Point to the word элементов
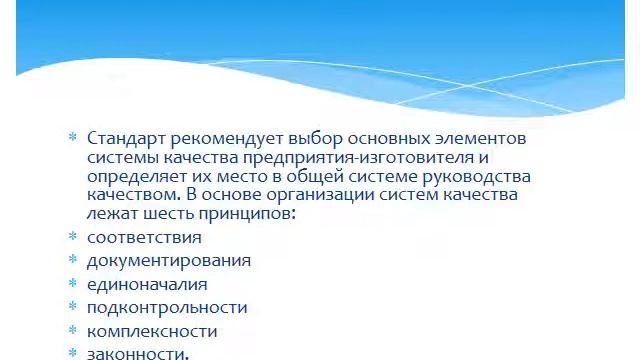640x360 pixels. coord(480,138)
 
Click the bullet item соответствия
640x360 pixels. coord(144,238)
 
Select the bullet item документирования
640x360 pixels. coord(169,261)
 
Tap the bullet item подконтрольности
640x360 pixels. coord(167,308)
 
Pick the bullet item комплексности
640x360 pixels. coord(152,331)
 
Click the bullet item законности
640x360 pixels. coord(137,353)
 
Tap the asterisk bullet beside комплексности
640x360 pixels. coord(72,331)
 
